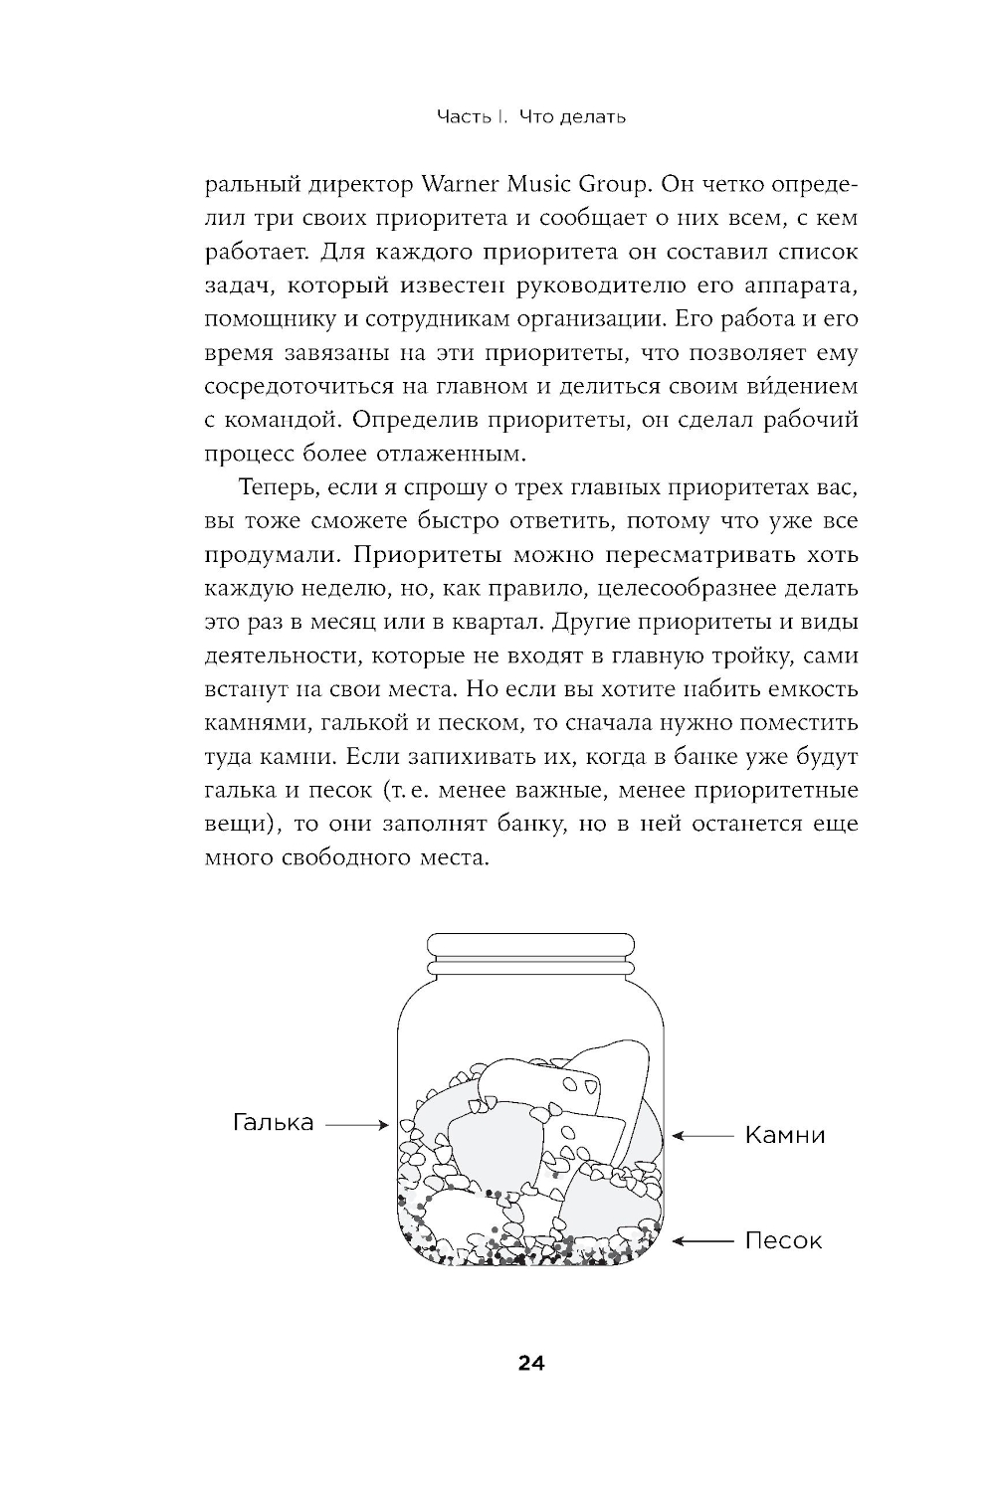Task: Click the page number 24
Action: pos(530,1363)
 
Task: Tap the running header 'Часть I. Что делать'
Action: pos(531,117)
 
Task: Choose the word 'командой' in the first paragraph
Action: pos(284,420)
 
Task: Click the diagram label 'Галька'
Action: pos(274,1122)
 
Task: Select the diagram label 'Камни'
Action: pos(785,1135)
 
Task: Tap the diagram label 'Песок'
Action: pos(784,1240)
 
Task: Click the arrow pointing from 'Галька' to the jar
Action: pos(356,1125)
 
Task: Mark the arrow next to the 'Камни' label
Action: pos(703,1135)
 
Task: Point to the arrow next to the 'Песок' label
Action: pos(703,1240)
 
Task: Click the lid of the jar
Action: pos(530,947)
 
